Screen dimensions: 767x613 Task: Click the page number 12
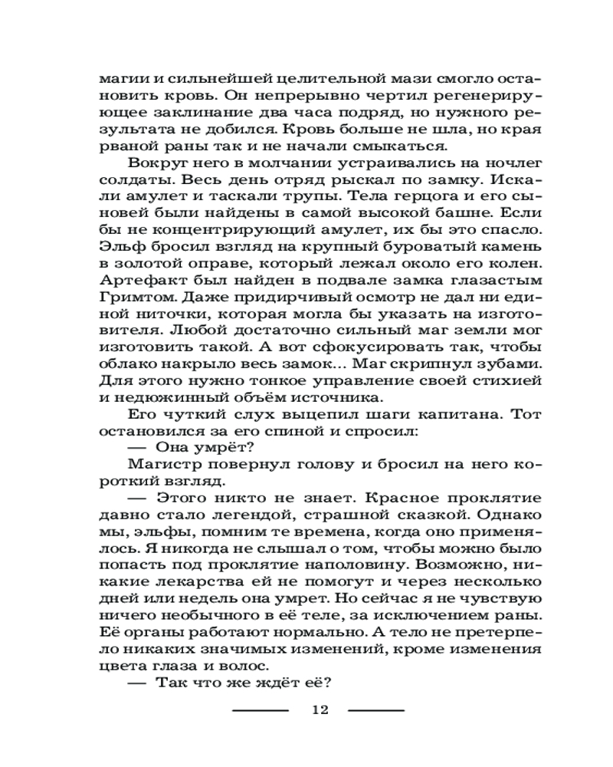(320, 709)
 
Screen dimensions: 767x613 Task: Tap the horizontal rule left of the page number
(261, 710)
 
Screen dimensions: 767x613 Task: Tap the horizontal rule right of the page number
(376, 710)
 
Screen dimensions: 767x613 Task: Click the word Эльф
(119, 246)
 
